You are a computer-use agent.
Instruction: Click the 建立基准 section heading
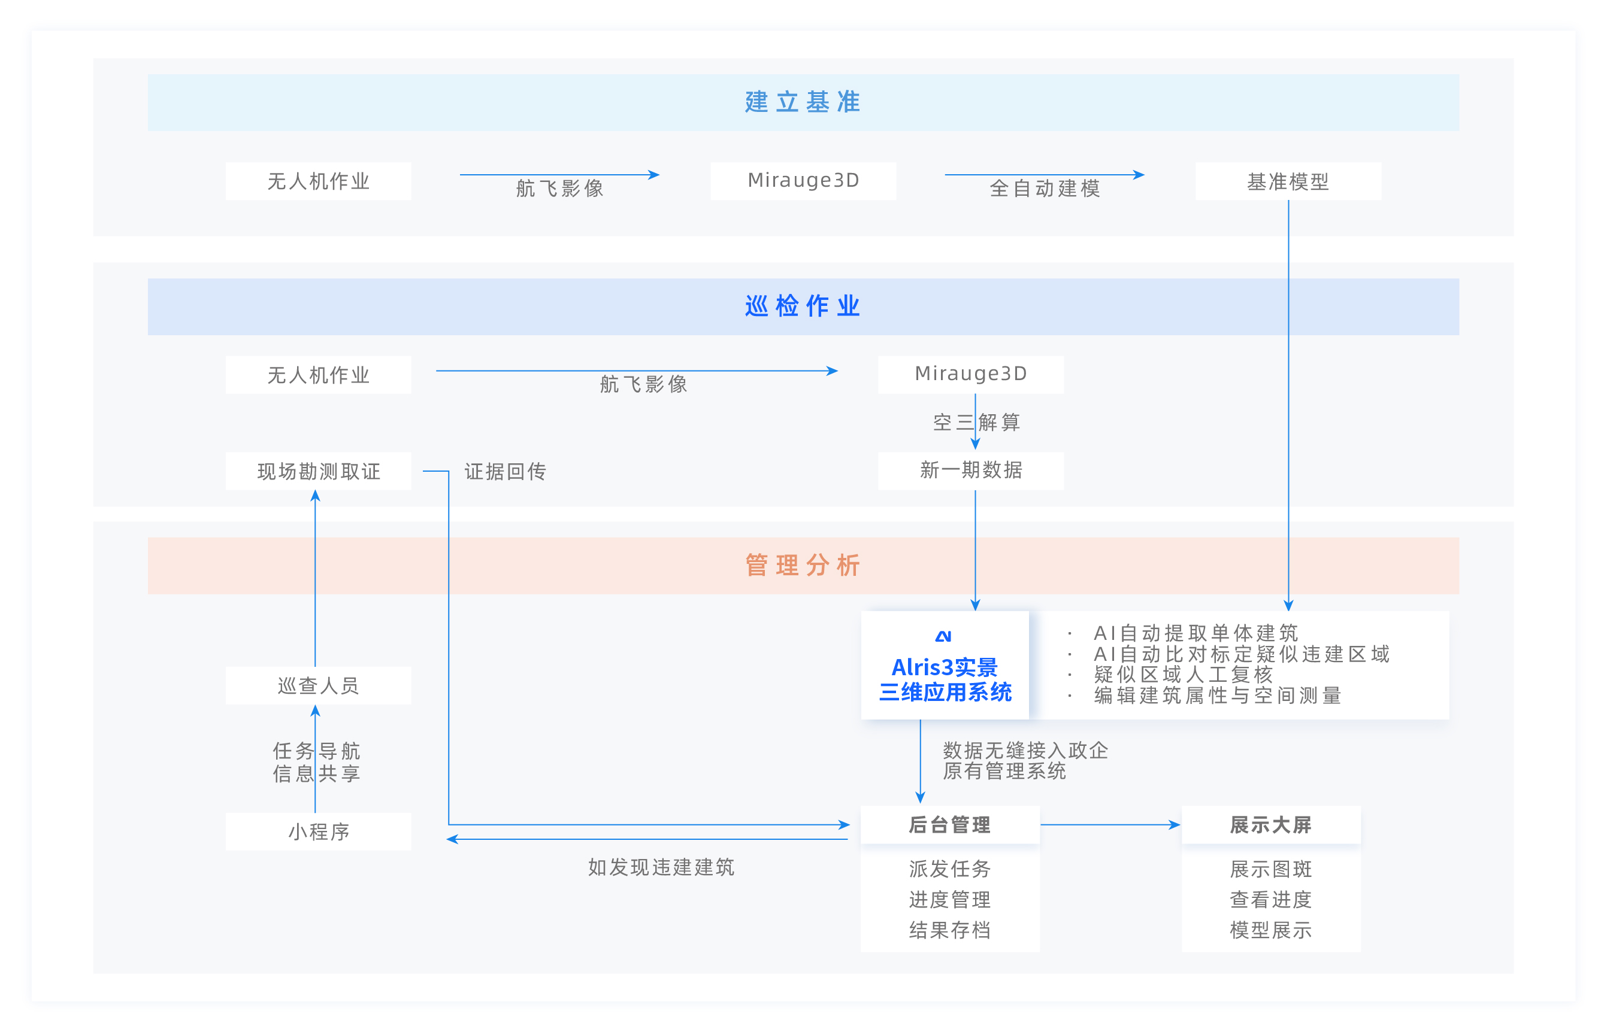[x=802, y=102]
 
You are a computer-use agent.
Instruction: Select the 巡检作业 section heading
[x=802, y=306]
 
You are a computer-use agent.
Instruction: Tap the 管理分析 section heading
[x=802, y=566]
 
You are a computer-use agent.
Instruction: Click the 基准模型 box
[x=1287, y=181]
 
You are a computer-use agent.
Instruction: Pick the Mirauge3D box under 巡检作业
[x=970, y=374]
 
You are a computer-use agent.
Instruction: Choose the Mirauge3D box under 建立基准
[x=803, y=180]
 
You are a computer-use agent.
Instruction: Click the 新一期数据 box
[x=970, y=471]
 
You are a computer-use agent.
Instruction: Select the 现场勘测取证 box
[x=319, y=471]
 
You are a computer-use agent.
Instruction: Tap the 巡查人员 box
[x=319, y=685]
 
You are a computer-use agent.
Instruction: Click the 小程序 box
[x=319, y=831]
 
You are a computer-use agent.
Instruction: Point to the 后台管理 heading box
[x=949, y=825]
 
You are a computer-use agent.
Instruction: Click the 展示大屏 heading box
[x=1270, y=825]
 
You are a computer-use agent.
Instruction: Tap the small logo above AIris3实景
[x=943, y=636]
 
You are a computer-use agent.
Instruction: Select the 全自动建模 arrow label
[x=1045, y=189]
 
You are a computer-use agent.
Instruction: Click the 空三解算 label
[x=976, y=422]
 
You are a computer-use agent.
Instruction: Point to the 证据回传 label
[x=505, y=472]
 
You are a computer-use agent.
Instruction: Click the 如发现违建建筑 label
[x=661, y=867]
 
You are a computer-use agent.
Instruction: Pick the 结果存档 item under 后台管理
[x=949, y=930]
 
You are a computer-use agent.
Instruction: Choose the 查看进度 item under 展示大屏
[x=1270, y=899]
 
